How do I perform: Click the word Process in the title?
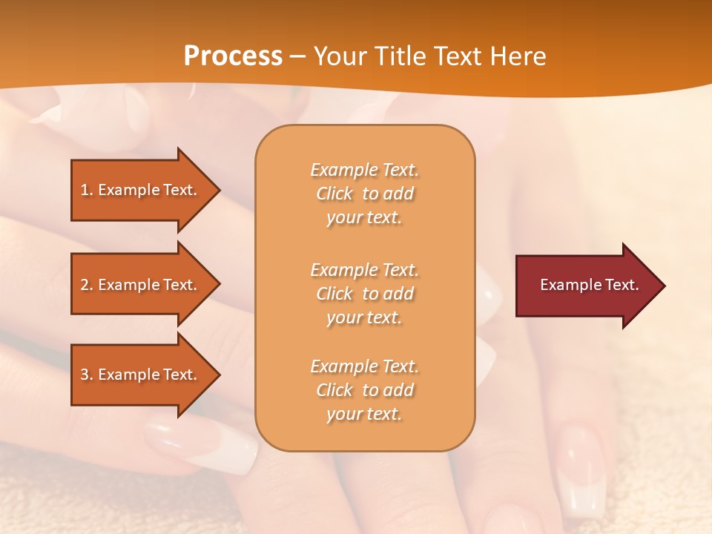(233, 56)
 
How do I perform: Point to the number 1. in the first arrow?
(87, 190)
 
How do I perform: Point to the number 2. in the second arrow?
(87, 285)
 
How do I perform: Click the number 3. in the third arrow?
(87, 375)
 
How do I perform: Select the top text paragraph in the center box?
(364, 194)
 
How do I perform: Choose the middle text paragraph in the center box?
(364, 294)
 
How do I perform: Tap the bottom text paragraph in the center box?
(364, 390)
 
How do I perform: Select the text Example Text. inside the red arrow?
(590, 285)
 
